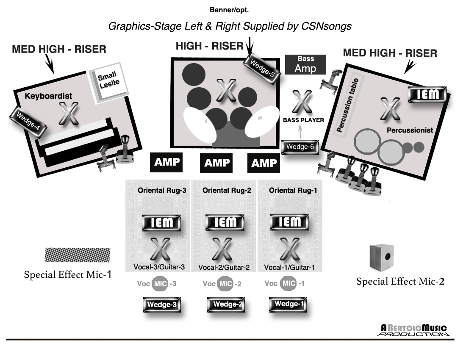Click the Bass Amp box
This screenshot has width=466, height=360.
305,64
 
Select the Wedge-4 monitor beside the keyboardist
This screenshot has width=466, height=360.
28,121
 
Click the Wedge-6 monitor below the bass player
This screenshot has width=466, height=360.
300,147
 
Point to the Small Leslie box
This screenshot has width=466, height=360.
109,83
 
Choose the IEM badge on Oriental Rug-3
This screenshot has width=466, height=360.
161,223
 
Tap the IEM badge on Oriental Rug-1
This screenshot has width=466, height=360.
289,222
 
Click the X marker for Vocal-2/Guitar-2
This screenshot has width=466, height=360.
222,249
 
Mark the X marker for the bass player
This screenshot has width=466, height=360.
302,102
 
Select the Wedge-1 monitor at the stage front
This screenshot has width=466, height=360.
288,305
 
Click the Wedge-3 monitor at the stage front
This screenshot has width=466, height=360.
162,305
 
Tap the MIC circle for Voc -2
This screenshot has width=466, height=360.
225,284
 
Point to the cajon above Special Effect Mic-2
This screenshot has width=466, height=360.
382,257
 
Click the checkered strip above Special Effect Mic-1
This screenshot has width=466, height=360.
78,255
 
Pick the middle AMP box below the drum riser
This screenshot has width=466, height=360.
216,163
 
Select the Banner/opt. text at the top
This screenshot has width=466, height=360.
229,10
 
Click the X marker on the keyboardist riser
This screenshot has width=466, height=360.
69,114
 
